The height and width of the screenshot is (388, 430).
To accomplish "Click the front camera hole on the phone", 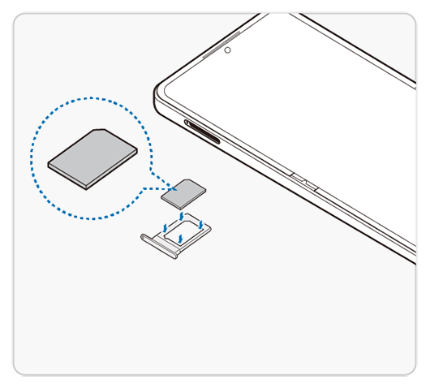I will (x=228, y=50).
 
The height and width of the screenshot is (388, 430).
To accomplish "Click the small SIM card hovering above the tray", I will (x=183, y=192).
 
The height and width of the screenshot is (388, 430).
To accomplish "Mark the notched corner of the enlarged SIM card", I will (x=100, y=131).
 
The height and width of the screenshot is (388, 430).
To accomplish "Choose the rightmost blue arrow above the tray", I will (x=200, y=222).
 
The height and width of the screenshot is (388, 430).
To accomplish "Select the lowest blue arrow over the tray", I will (x=180, y=238).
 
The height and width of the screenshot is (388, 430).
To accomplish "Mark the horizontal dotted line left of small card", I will (x=152, y=189).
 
